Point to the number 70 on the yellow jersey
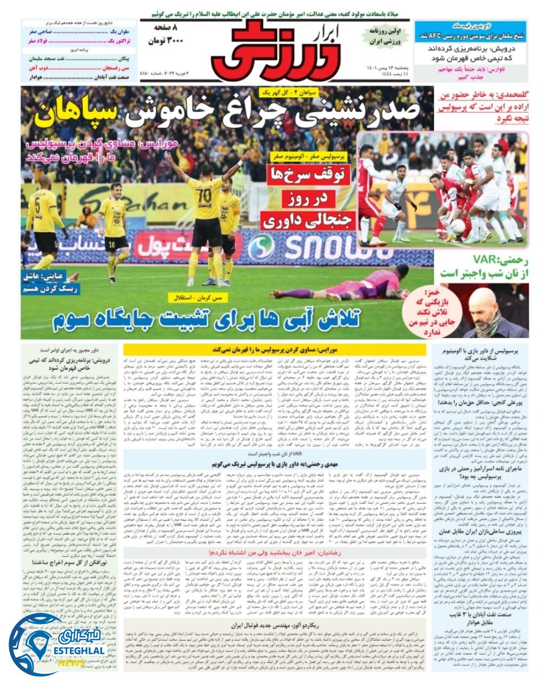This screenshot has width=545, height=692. coord(204,192)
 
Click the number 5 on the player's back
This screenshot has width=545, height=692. coord(37,207)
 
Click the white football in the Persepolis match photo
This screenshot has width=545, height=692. coord(457,225)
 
